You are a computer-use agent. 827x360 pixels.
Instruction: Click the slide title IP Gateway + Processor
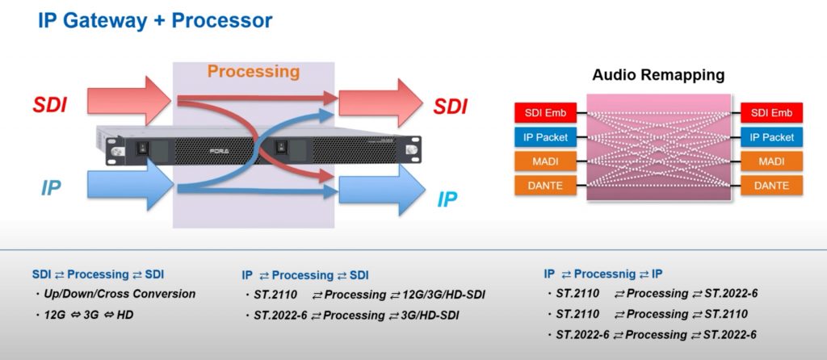155,21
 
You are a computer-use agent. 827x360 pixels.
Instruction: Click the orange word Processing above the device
253,71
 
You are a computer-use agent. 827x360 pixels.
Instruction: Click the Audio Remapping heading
658,75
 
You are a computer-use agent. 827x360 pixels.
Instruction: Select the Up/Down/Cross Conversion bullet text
120,294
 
